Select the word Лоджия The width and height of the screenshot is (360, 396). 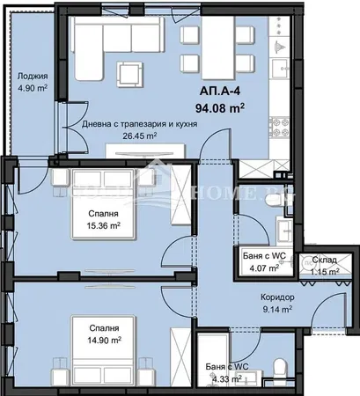pyautogui.click(x=33, y=77)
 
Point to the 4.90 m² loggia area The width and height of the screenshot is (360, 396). pyautogui.click(x=33, y=88)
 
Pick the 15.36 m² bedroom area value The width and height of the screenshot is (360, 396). pyautogui.click(x=103, y=225)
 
